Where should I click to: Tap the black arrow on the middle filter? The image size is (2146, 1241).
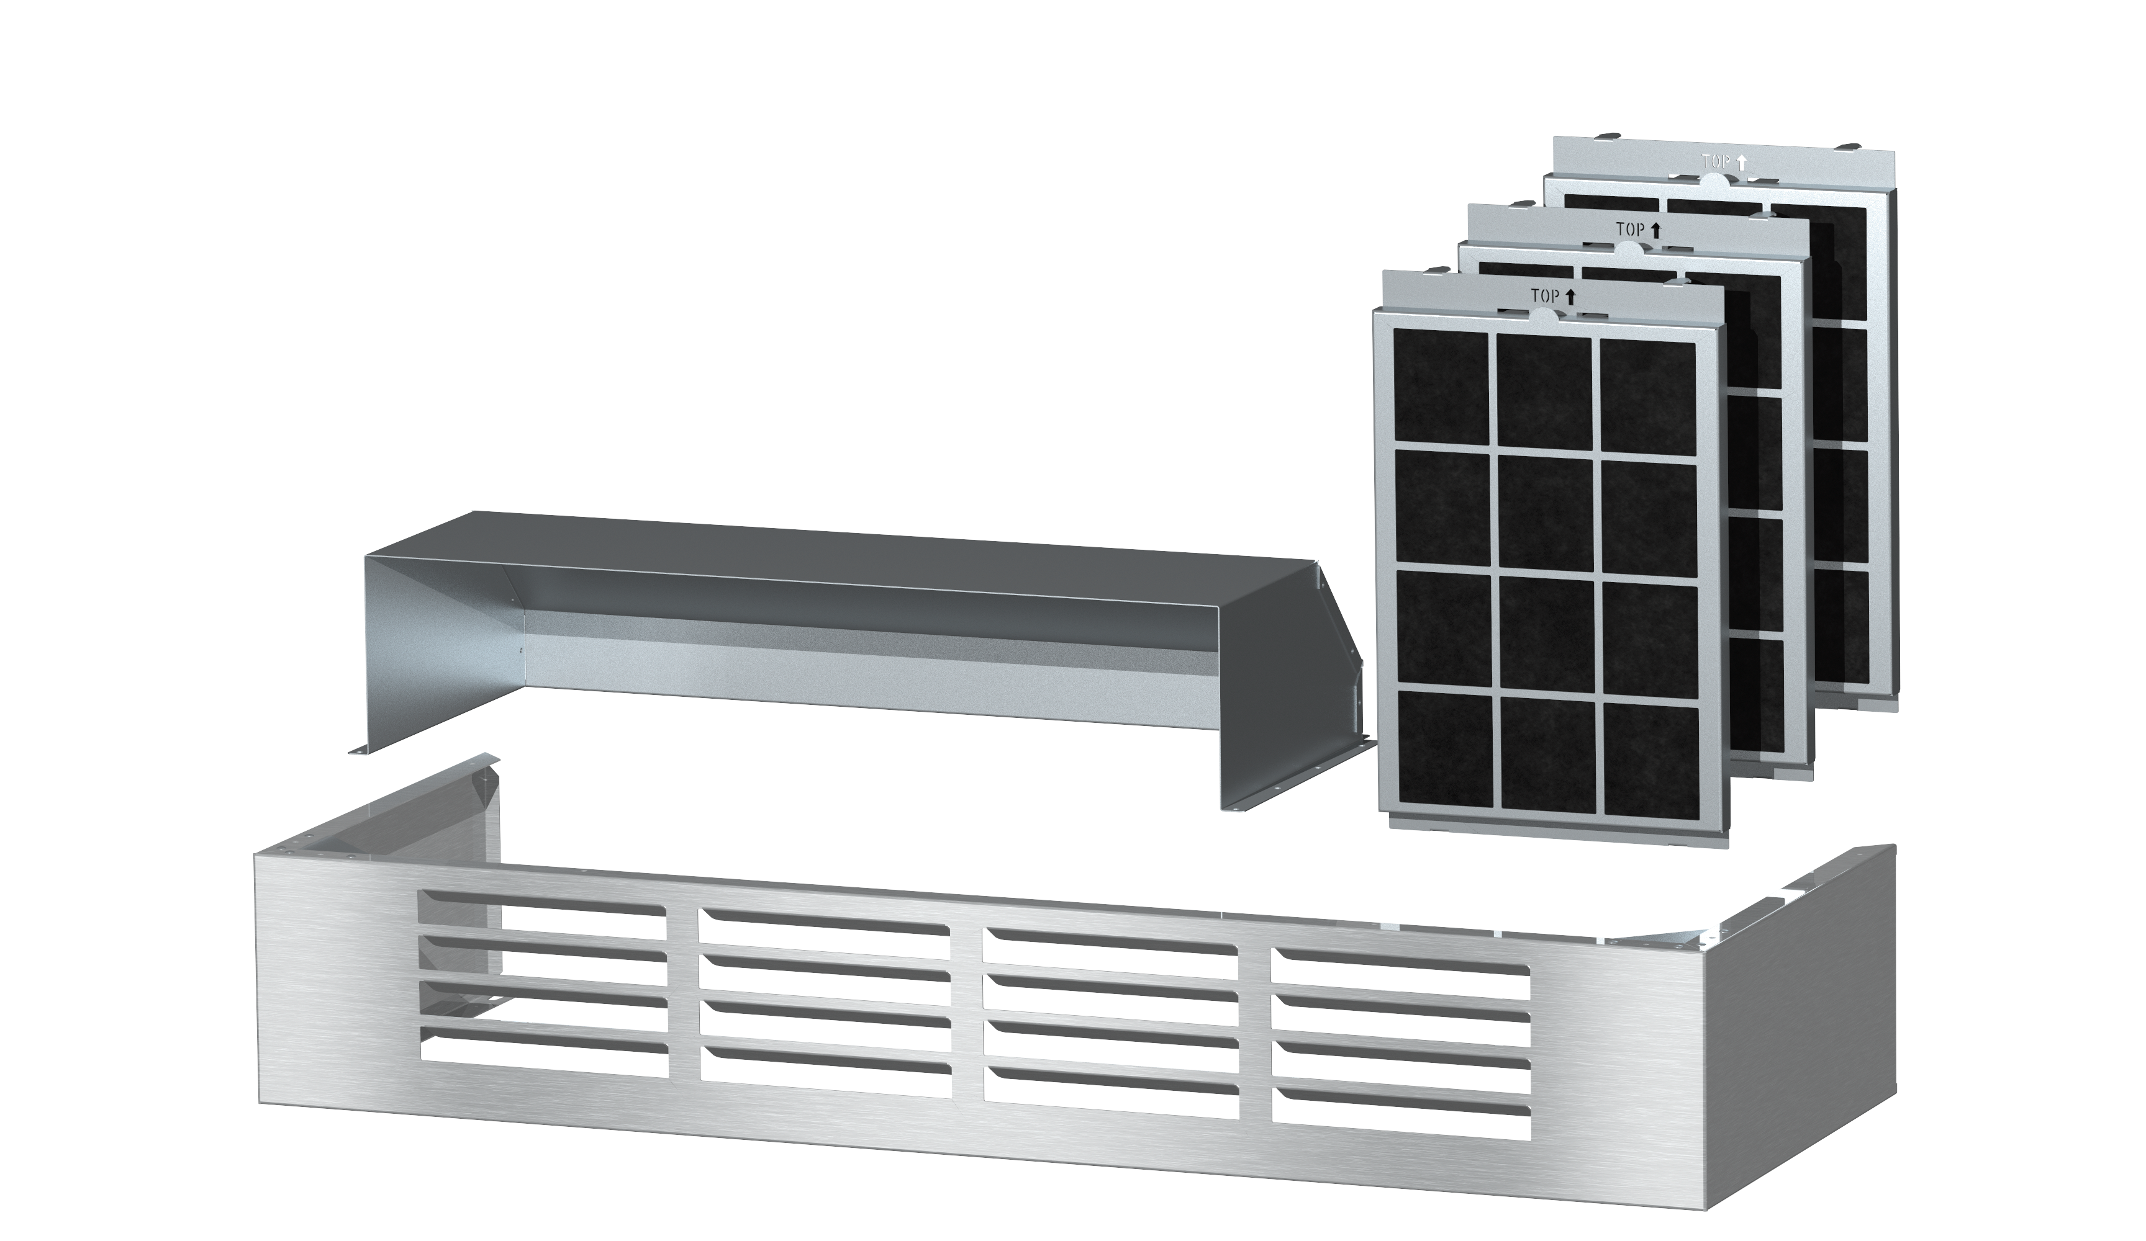click(x=1656, y=229)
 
